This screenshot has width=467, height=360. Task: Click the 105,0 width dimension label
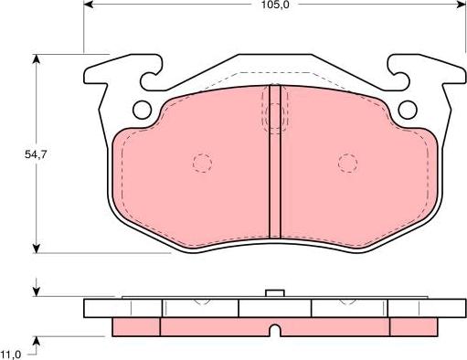click(275, 5)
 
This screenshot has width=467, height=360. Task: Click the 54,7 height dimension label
click(36, 154)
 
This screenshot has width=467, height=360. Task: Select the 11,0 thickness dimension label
click(11, 355)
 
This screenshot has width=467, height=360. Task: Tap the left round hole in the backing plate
click(143, 110)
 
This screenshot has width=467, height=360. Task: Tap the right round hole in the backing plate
click(408, 110)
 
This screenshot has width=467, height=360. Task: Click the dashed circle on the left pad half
click(202, 164)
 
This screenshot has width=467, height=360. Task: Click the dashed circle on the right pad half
click(347, 164)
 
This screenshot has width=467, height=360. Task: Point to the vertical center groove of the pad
click(275, 162)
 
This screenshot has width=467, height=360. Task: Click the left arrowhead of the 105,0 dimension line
click(88, 5)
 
